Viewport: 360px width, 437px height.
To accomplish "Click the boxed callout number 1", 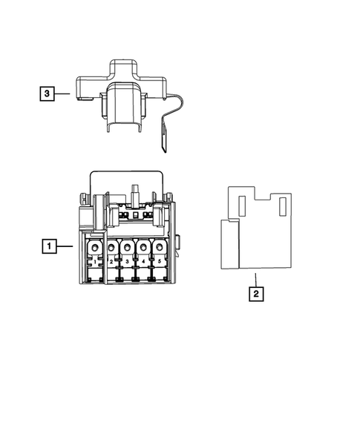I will (48, 245).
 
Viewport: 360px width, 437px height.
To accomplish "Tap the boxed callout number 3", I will (47, 93).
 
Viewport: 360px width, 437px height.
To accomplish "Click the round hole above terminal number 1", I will (95, 247).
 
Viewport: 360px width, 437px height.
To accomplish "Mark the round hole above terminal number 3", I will (127, 247).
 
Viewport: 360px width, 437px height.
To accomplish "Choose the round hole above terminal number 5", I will (159, 247).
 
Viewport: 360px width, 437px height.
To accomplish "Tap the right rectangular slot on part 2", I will (282, 207).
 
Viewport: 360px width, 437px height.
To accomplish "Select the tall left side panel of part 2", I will (230, 243).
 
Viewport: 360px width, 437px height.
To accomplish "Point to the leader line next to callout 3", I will (63, 93).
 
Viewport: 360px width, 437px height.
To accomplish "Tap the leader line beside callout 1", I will (65, 245).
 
